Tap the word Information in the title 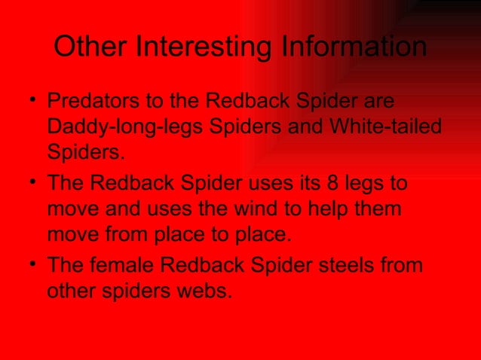point(354,48)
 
